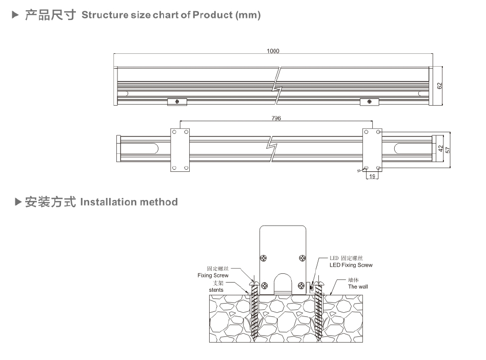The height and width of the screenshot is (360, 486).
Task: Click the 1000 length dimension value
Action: (273, 51)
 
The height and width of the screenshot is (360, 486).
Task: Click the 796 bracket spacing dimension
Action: (276, 118)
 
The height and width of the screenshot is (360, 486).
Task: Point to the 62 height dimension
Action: (439, 86)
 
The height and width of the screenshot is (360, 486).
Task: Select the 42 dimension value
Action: (440, 149)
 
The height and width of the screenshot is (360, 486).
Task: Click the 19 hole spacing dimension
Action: (372, 176)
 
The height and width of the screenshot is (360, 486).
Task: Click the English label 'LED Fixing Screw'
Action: (351, 265)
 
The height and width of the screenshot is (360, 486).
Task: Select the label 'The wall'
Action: (358, 287)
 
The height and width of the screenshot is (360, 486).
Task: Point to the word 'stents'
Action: (216, 290)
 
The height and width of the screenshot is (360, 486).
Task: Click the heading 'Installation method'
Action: (129, 202)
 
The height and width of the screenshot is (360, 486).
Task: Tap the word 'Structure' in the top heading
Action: (105, 15)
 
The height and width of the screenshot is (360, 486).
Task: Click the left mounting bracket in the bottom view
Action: (180, 149)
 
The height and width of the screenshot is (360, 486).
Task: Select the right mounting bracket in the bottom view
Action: (372, 149)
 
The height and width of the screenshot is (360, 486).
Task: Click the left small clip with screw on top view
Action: (177, 102)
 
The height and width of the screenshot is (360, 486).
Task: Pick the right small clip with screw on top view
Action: (369, 102)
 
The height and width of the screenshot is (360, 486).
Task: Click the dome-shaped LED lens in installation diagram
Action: (283, 285)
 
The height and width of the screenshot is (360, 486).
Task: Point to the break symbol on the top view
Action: (277, 86)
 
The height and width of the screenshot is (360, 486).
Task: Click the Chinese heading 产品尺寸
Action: (51, 15)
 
